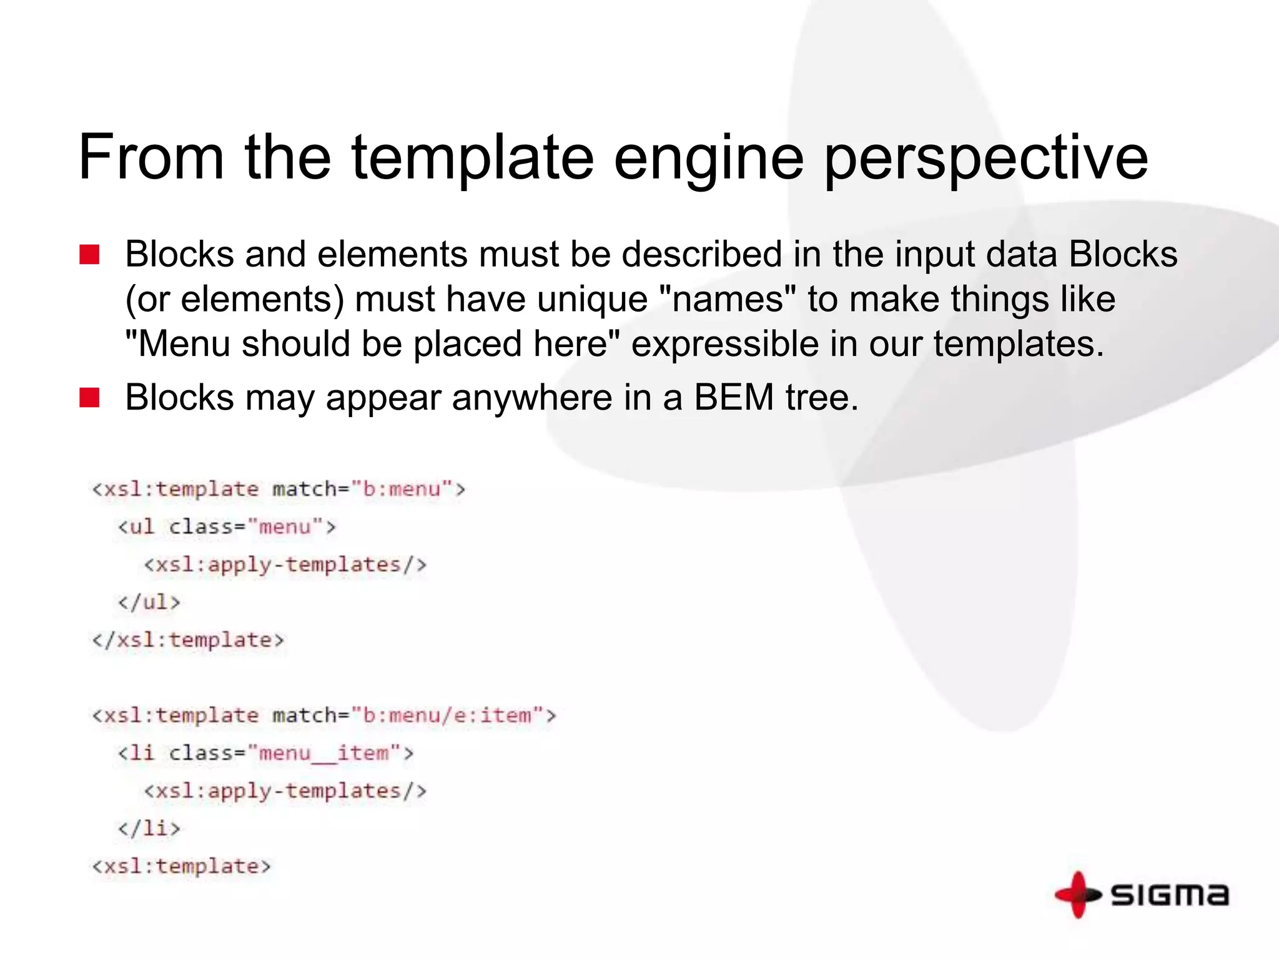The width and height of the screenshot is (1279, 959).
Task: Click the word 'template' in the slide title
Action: click(x=472, y=158)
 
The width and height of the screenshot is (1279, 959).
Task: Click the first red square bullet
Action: click(x=89, y=255)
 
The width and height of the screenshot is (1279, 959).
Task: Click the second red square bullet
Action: click(x=89, y=398)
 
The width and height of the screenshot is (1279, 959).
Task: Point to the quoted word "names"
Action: click(x=728, y=299)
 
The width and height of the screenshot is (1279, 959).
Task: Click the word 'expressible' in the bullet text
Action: click(x=724, y=344)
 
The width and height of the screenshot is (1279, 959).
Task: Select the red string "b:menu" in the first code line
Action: click(x=402, y=489)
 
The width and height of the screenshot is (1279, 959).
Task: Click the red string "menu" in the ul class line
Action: click(x=285, y=527)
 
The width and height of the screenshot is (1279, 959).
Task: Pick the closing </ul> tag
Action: click(x=149, y=602)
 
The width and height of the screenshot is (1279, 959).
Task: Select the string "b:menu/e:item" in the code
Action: click(x=447, y=716)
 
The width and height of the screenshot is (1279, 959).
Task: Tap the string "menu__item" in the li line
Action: click(x=324, y=754)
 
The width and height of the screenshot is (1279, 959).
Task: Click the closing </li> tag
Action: click(x=149, y=829)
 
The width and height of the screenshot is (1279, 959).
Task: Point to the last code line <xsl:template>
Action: click(x=182, y=867)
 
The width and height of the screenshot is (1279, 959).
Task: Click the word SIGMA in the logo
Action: click(x=1169, y=895)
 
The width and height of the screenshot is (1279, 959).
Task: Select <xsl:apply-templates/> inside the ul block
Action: click(x=285, y=565)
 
